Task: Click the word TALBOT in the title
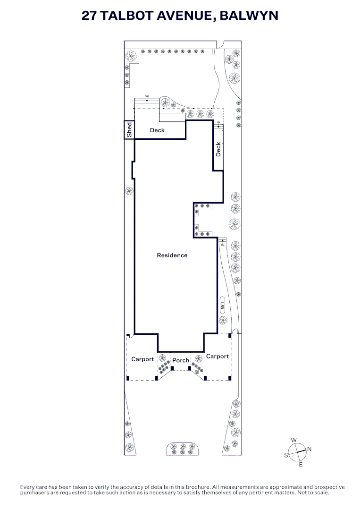(x=127, y=15)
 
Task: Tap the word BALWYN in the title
(x=249, y=15)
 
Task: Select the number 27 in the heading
(x=89, y=15)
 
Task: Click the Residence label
(x=172, y=255)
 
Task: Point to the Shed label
(x=129, y=129)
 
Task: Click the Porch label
(x=181, y=360)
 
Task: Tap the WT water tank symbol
(x=223, y=305)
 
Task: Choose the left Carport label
(x=142, y=359)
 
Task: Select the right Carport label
(x=218, y=357)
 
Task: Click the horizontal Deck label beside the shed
(x=157, y=130)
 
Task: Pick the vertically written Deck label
(x=218, y=149)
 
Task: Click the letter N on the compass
(x=309, y=449)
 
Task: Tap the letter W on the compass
(x=294, y=440)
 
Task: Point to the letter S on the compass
(x=286, y=455)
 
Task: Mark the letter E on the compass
(x=301, y=465)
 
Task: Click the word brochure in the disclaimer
(x=198, y=487)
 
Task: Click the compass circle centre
(x=297, y=452)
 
